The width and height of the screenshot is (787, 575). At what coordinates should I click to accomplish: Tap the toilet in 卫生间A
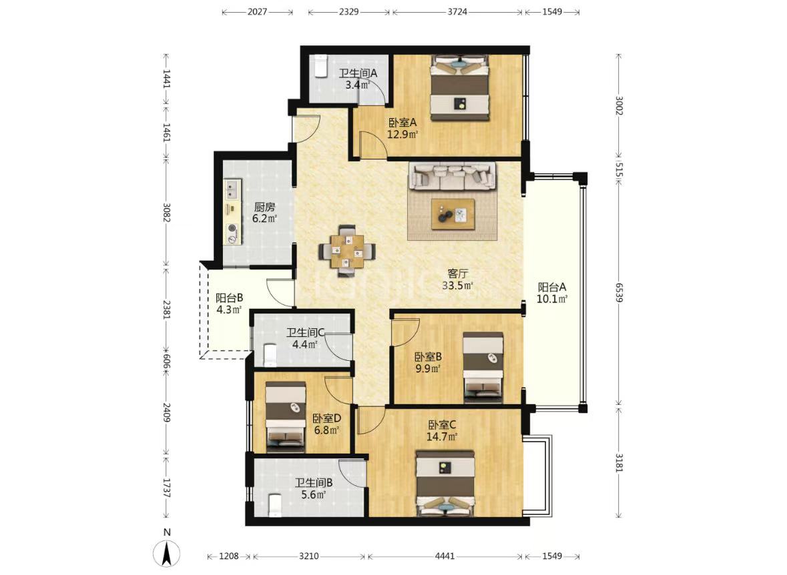[320, 66]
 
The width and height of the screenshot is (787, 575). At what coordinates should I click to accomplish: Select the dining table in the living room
[347, 250]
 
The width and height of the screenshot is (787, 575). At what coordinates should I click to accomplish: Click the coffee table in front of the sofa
[453, 214]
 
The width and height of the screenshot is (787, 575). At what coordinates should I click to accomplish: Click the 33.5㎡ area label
[457, 286]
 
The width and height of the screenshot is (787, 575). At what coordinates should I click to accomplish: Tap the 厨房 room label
[264, 207]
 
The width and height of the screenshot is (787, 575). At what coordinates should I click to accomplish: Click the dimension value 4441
[445, 556]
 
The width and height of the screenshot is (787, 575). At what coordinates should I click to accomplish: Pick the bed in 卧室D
[285, 416]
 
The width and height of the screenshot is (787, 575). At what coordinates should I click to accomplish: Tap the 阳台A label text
[552, 287]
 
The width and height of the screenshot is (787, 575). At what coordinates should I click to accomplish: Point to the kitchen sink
[232, 189]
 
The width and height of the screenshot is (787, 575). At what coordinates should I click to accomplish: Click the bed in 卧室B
[483, 367]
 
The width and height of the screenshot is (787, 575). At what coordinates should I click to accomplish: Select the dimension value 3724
[457, 11]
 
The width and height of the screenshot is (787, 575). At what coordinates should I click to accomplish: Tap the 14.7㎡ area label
[442, 436]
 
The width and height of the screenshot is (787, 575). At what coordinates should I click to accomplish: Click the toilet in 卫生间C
[270, 354]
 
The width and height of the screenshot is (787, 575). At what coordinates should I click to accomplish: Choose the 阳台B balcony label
[230, 298]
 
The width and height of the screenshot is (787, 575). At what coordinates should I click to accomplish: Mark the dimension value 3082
[167, 213]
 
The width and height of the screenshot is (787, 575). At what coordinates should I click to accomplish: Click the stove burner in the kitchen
[232, 229]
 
